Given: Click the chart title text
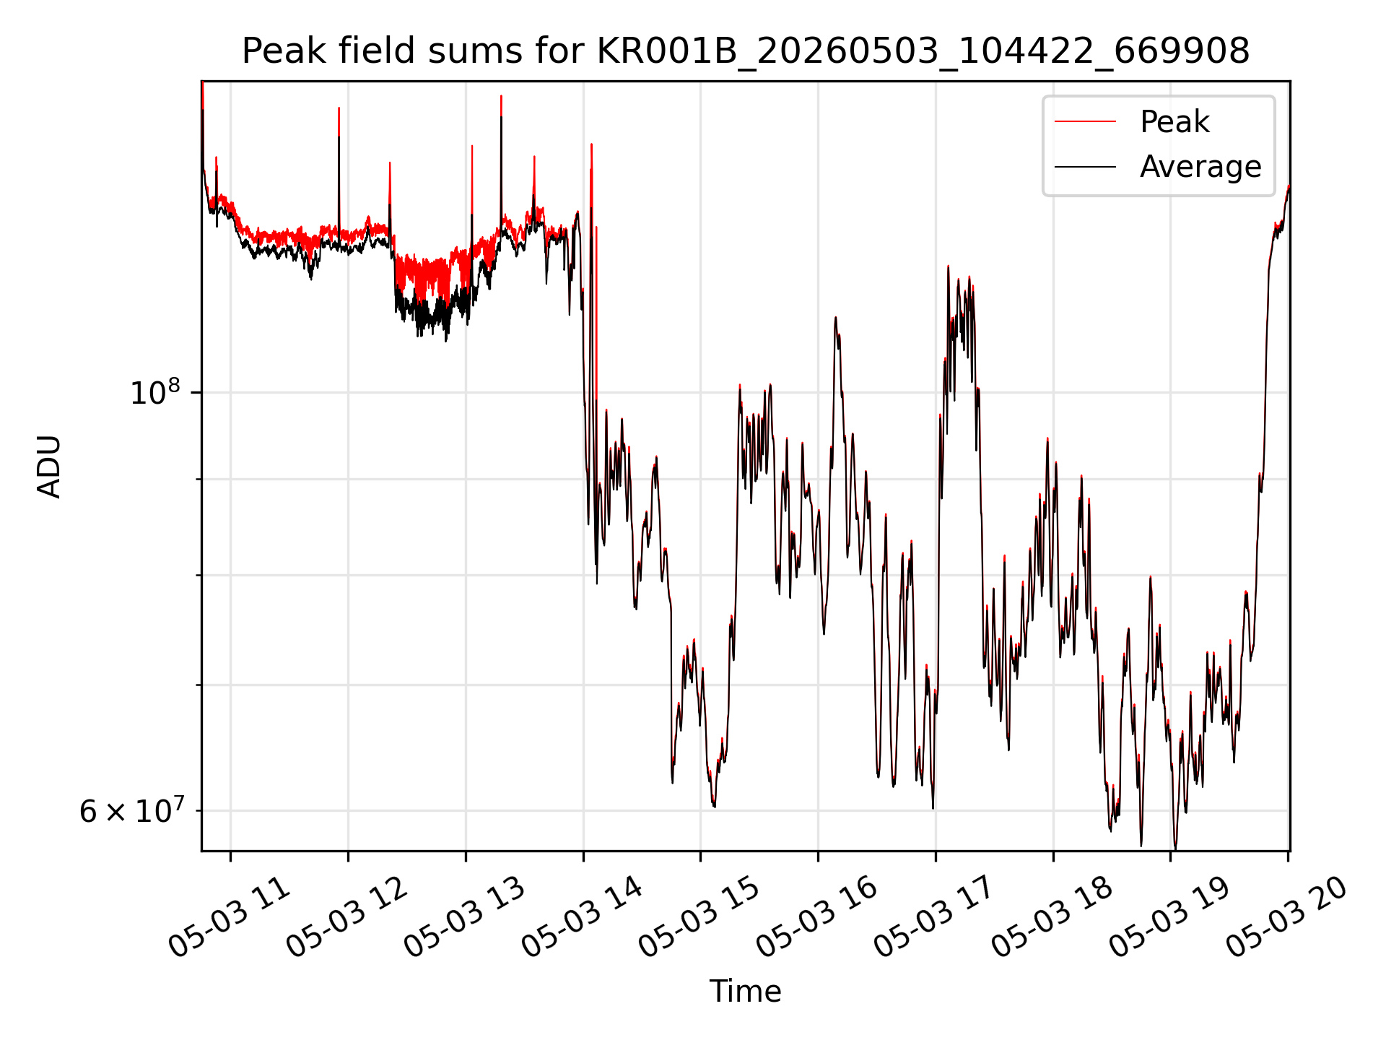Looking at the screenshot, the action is [x=746, y=51].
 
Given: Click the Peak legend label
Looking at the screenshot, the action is [x=1174, y=122].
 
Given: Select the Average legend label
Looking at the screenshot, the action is [x=1200, y=167].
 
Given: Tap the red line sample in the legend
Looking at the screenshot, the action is [x=1085, y=122].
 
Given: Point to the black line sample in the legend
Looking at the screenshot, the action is [x=1085, y=167].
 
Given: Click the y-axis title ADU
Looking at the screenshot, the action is [x=49, y=466].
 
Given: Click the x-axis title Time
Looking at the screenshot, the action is [x=745, y=992].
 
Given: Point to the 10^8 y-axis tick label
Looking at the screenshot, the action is [x=154, y=391].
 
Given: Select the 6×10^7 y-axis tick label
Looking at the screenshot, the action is [x=132, y=810].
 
